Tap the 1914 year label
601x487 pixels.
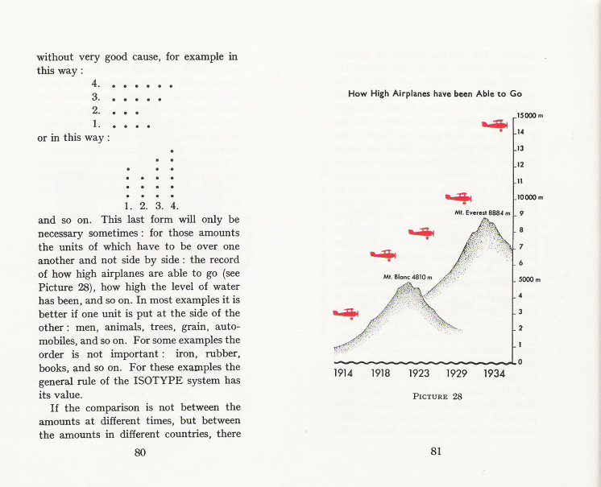tap(346, 374)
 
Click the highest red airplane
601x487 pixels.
tap(495, 125)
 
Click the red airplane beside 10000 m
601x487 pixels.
tap(458, 197)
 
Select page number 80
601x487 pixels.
tap(139, 452)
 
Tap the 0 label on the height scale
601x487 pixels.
tap(520, 361)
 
